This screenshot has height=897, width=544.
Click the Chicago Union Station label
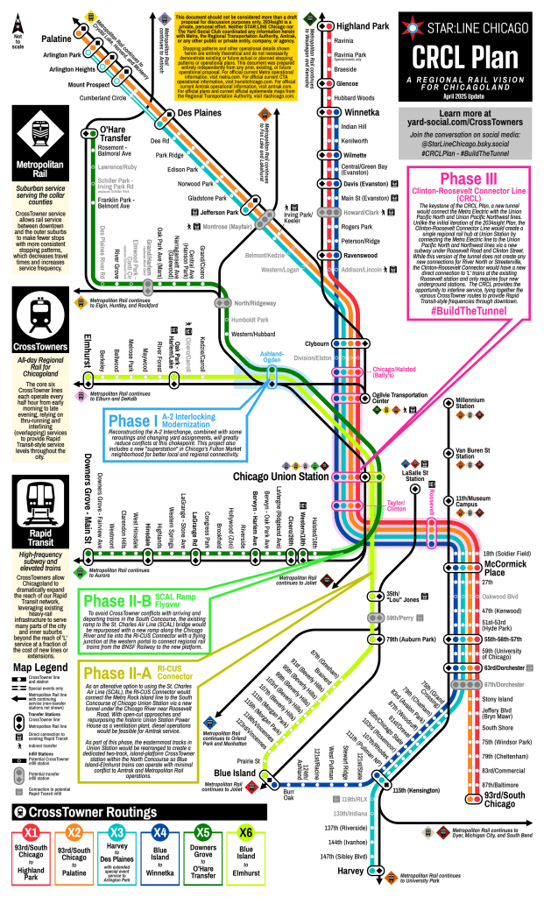point(284,477)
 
